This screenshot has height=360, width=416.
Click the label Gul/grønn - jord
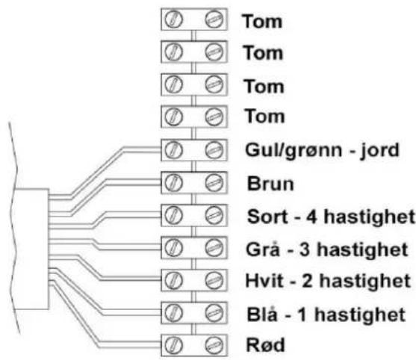click(322, 151)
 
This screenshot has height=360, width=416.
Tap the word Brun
click(270, 184)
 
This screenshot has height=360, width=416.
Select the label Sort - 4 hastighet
click(331, 217)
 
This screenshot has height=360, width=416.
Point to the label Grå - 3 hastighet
click(327, 249)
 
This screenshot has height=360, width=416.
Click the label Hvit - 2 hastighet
click(328, 281)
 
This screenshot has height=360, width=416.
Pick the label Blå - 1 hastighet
click(326, 314)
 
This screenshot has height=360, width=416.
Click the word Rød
click(266, 344)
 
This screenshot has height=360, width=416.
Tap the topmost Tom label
click(262, 21)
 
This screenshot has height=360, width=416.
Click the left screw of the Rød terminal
click(173, 346)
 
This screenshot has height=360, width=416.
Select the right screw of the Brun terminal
click(214, 183)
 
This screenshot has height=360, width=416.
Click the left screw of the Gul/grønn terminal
click(173, 150)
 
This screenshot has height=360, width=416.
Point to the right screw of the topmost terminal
click(214, 19)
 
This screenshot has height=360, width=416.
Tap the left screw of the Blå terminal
click(173, 313)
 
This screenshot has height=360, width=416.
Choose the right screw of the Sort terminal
click(214, 215)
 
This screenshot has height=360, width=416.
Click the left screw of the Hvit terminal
click(173, 280)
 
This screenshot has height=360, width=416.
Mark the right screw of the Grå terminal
click(214, 248)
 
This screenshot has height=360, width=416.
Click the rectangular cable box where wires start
click(31, 249)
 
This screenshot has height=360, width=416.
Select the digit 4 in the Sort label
click(311, 217)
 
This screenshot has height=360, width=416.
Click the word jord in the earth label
click(379, 151)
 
